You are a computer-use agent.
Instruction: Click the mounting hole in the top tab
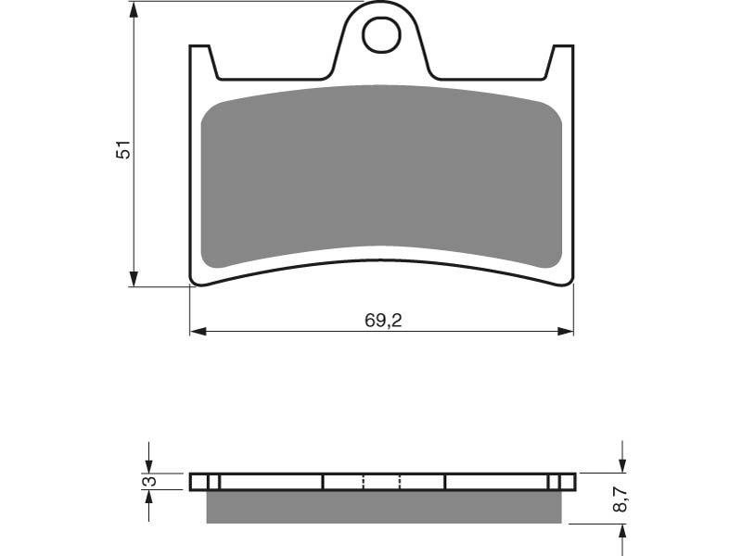(381, 34)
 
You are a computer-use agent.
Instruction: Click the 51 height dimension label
(122, 149)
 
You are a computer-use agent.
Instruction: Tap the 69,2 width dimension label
(383, 321)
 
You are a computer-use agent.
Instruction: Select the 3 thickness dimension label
(149, 481)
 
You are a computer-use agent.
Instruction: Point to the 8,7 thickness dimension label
(620, 499)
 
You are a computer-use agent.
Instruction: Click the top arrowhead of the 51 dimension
(134, 10)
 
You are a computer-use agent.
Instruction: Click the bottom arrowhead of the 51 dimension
(134, 279)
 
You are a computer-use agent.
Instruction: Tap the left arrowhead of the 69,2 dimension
(198, 332)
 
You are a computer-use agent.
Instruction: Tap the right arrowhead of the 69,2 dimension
(565, 332)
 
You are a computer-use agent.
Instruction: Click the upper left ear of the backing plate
(202, 62)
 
